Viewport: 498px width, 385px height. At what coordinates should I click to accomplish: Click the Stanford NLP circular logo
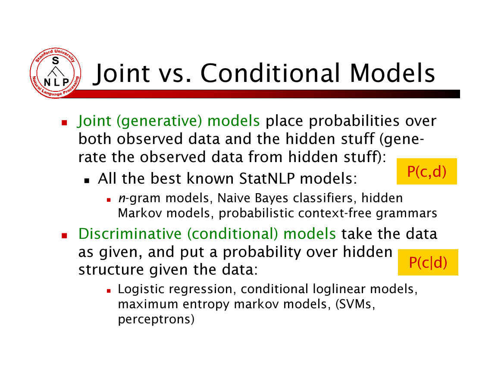(55, 73)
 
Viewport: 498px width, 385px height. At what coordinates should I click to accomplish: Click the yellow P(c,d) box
(426, 171)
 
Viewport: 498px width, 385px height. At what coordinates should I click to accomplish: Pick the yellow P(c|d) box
(428, 263)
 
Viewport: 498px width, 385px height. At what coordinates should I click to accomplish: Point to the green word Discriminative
(130, 234)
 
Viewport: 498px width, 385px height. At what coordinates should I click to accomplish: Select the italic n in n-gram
(122, 198)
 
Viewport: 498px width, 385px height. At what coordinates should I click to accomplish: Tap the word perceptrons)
(156, 319)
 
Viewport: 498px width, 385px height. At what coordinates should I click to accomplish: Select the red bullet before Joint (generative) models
(65, 122)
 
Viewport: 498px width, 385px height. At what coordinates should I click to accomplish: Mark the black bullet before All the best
(87, 181)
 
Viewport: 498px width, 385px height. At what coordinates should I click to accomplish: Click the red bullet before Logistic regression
(109, 291)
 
